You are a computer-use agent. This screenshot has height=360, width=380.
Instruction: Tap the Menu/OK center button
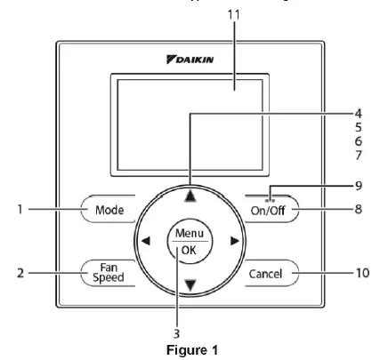click(189, 240)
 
